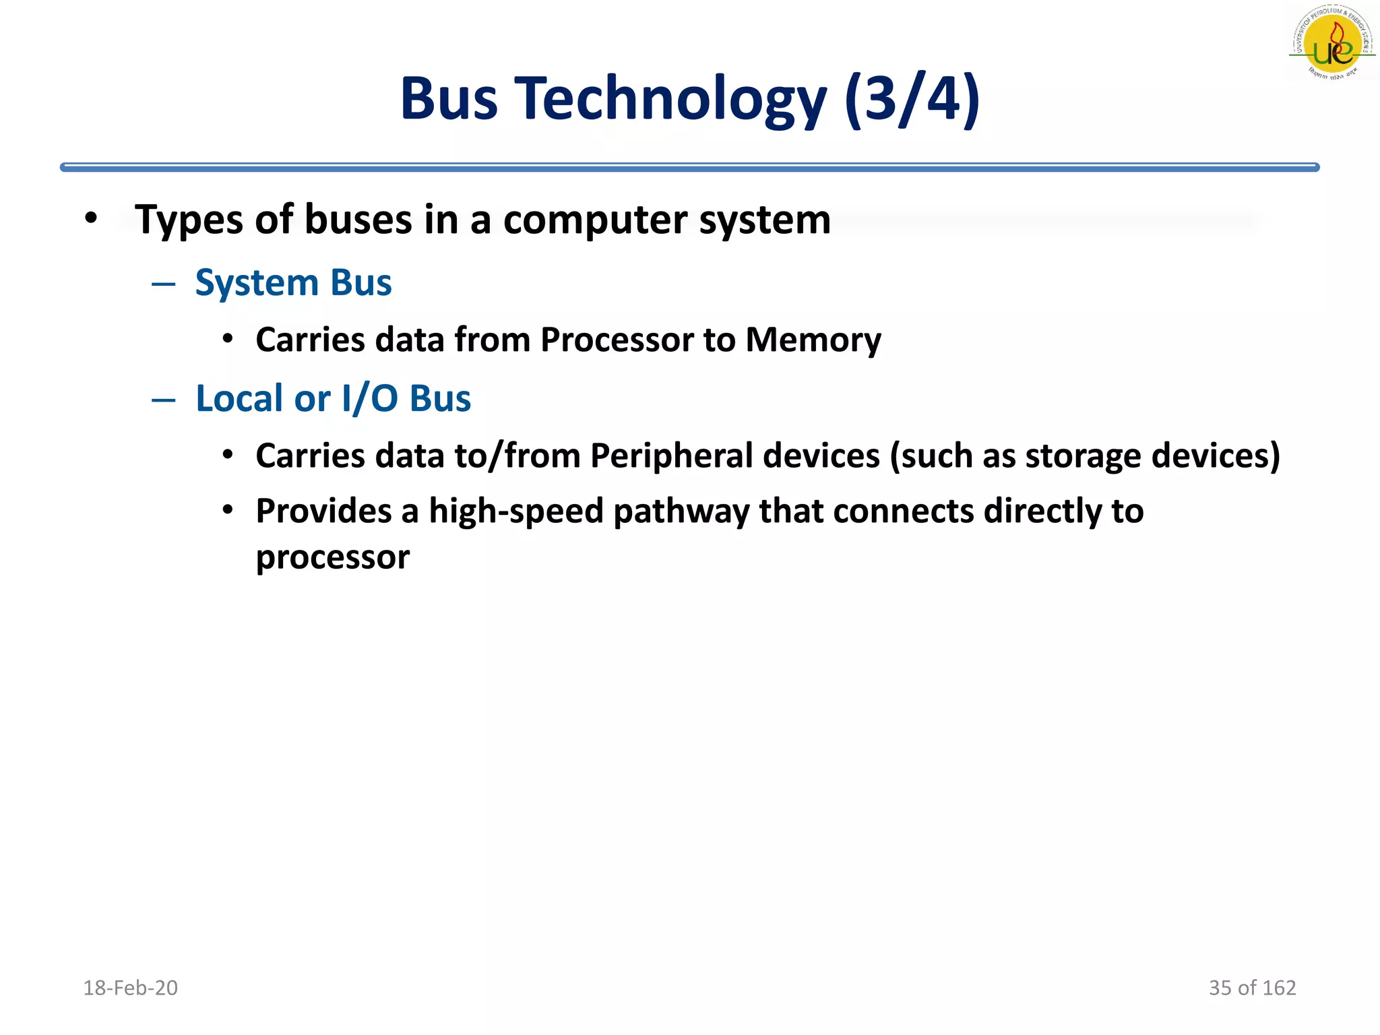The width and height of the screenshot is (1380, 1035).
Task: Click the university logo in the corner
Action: tap(1331, 43)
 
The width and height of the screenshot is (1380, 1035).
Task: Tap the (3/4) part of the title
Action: tap(912, 99)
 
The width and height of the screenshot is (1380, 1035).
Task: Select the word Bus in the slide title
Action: tap(449, 99)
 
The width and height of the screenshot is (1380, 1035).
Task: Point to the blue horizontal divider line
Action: tap(689, 167)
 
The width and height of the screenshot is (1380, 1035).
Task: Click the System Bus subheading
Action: tap(293, 282)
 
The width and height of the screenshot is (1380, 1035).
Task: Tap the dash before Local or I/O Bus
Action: tap(163, 400)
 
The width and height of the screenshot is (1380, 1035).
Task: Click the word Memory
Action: tap(813, 340)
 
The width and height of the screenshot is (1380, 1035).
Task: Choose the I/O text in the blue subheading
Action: tap(370, 398)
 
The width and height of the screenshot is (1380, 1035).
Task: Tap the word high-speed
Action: tap(516, 511)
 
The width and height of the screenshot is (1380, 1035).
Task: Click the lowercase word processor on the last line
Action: tap(332, 558)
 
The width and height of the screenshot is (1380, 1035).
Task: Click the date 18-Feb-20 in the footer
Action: tap(130, 988)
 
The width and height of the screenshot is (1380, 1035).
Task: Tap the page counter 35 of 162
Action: tap(1252, 988)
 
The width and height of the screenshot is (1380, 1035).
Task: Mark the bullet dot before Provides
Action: tap(228, 510)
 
